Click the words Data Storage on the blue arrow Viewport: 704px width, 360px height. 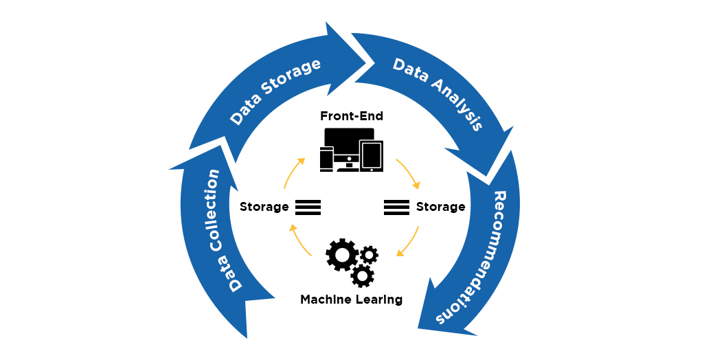(x=275, y=92)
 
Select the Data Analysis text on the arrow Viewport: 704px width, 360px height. (x=438, y=93)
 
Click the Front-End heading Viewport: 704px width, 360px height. (x=352, y=116)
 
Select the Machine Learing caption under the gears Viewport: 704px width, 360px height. (x=351, y=300)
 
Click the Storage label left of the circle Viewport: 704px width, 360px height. (x=264, y=207)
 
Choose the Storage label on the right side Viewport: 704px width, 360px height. (x=440, y=207)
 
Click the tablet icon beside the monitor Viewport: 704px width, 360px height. (x=371, y=156)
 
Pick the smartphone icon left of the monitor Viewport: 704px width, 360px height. (x=326, y=159)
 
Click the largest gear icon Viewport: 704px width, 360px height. (x=341, y=255)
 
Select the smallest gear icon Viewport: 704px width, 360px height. (x=370, y=255)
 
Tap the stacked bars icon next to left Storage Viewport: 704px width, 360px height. (x=308, y=207)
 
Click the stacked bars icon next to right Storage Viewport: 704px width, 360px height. (x=396, y=207)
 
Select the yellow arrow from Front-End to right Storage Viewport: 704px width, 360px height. (x=410, y=175)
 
